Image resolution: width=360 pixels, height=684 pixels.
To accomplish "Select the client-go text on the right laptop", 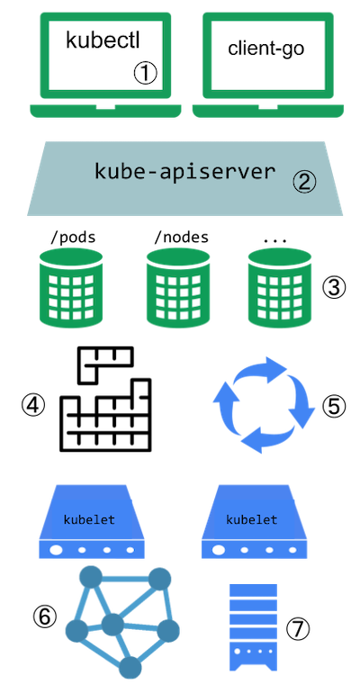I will click(266, 49).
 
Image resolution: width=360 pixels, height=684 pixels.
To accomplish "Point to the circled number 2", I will click(305, 182).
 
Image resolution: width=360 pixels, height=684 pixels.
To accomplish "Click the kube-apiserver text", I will click(184, 171).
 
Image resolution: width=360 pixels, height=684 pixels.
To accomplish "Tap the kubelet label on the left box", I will click(89, 520).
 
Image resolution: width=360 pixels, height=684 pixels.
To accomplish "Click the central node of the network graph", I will click(112, 624).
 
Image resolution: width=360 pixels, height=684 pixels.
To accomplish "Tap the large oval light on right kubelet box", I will click(220, 550).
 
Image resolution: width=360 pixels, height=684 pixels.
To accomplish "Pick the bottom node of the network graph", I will click(131, 667).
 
